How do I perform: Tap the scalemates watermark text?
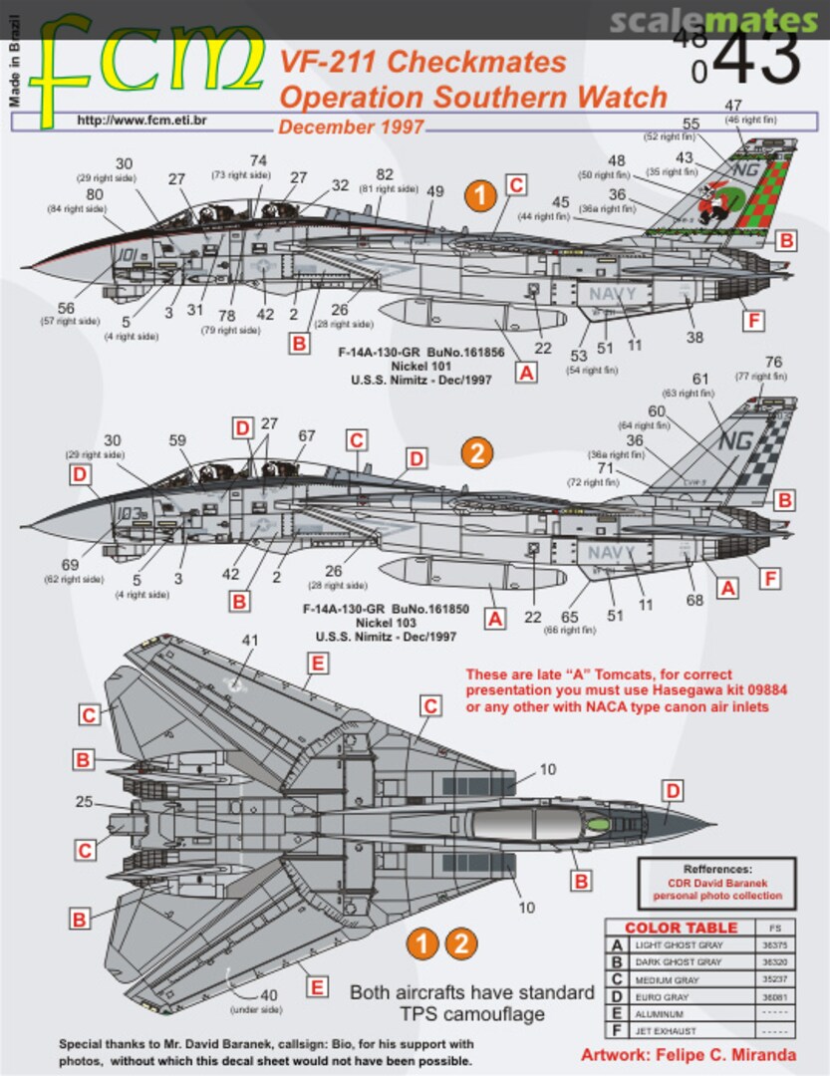pos(711,21)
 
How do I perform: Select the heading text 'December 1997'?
pos(351,128)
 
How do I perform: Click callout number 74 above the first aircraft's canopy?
pos(258,160)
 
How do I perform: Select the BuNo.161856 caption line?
pos(420,353)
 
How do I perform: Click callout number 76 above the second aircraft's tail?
pos(773,362)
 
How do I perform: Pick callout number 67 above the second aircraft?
pos(306,435)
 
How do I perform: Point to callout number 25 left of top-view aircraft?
pos(84,801)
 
